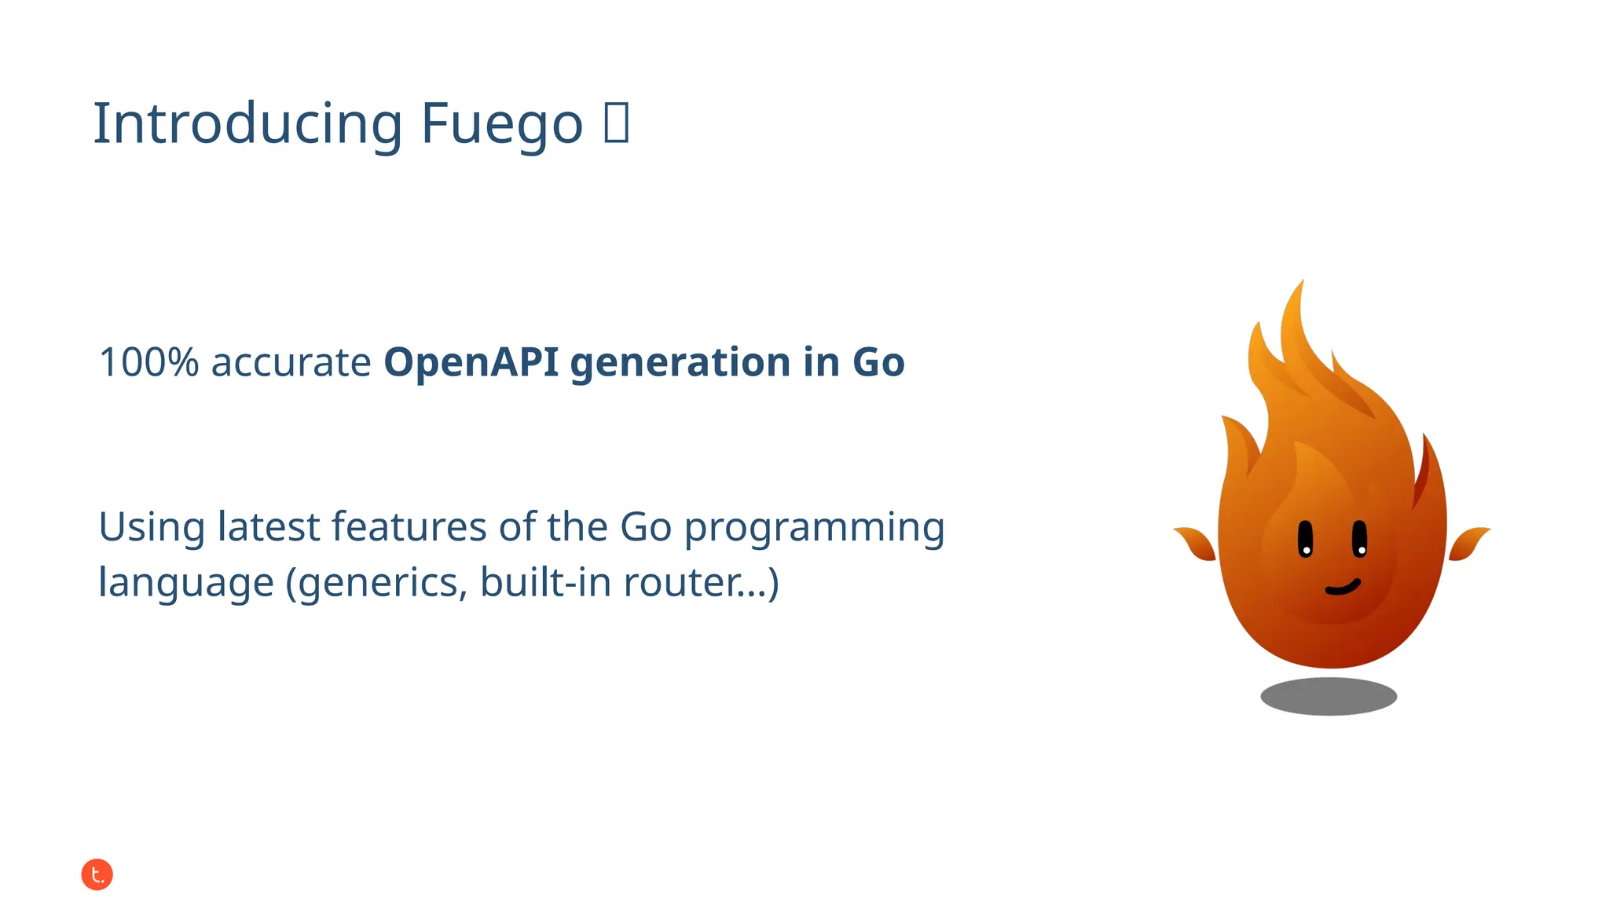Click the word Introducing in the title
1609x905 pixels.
247,124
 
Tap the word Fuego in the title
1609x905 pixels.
501,124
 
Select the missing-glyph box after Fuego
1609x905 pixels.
617,123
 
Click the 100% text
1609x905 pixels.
148,362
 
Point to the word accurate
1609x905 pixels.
291,362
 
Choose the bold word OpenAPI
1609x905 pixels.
471,362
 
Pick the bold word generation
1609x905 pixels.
680,364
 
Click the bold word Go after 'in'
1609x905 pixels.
878,362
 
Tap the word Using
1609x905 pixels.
151,527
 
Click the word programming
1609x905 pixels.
814,529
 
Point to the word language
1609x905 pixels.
185,584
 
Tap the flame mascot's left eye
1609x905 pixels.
1305,538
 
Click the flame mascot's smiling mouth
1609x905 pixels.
1343,587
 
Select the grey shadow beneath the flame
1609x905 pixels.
1329,696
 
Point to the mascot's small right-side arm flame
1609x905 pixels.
1468,542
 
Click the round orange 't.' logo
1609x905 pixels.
97,874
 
